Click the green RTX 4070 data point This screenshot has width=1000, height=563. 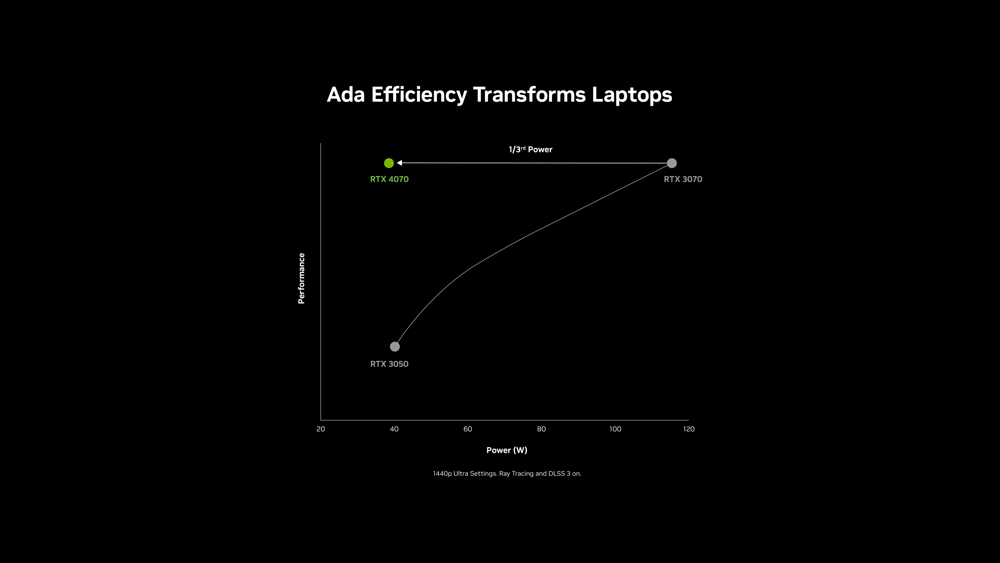389,163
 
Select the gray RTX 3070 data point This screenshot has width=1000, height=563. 672,163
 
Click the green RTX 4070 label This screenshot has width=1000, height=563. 389,179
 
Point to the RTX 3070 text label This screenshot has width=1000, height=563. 683,179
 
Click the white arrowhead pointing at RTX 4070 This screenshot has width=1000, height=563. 399,163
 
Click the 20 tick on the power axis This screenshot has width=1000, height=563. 321,429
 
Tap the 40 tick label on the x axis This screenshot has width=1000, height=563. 394,429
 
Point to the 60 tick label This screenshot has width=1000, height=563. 468,429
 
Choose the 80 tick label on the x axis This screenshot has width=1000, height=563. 541,429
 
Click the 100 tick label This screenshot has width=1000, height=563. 615,429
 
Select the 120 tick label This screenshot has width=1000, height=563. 689,429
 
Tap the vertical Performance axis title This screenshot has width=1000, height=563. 301,278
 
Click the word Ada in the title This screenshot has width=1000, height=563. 346,95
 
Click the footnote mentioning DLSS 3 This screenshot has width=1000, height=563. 507,474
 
